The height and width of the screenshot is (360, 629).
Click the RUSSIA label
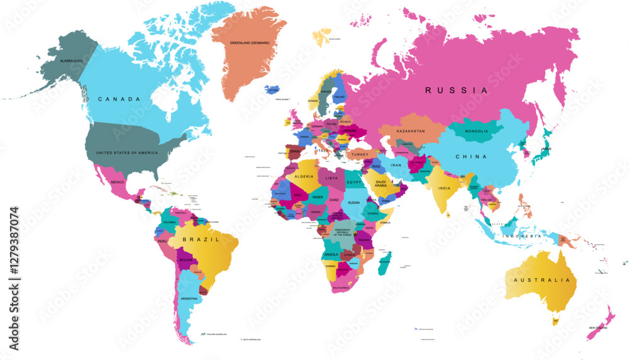click(x=456, y=90)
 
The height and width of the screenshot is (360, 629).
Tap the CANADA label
click(x=118, y=99)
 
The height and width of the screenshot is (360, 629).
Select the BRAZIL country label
click(x=201, y=240)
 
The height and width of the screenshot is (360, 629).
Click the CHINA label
click(x=471, y=157)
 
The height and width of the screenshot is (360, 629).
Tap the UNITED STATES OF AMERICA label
click(x=127, y=153)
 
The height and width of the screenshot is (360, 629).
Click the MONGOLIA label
click(x=476, y=131)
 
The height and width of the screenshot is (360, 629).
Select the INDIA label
click(x=445, y=188)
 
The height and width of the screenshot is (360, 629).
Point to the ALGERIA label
click(x=304, y=177)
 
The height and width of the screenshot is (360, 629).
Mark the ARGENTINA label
click(x=189, y=298)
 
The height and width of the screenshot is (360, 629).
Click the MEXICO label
click(x=118, y=182)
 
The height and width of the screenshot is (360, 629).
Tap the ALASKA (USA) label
click(x=71, y=60)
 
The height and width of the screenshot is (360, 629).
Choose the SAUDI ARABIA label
click(x=385, y=183)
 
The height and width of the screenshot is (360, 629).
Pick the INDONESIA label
click(x=521, y=236)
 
